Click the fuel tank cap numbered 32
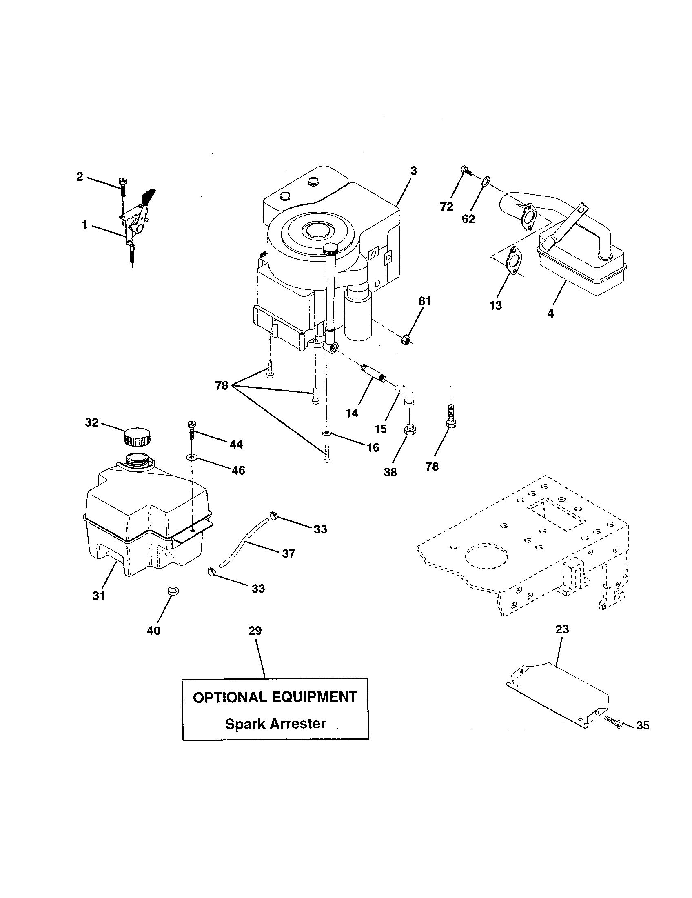pyautogui.click(x=137, y=437)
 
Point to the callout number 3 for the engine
pyautogui.click(x=413, y=171)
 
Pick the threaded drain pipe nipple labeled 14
pyautogui.click(x=372, y=373)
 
